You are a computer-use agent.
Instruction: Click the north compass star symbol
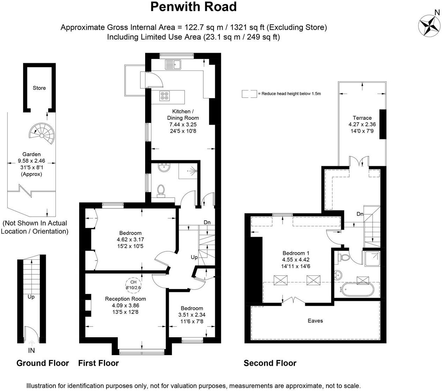tap(428, 25)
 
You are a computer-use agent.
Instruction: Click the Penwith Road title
tap(193, 7)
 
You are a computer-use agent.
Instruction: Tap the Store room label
tap(39, 88)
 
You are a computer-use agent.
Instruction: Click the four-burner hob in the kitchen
tap(165, 95)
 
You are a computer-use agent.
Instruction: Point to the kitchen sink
tap(173, 65)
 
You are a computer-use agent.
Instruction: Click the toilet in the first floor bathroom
tap(161, 191)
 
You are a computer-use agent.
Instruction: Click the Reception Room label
tap(126, 299)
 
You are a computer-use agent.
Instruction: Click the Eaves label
tap(315, 320)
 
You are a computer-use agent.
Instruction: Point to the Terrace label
tap(362, 118)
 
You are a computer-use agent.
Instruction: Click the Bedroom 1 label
tap(296, 253)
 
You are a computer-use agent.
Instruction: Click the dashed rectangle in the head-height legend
tap(249, 94)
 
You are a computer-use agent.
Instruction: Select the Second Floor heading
tap(270, 363)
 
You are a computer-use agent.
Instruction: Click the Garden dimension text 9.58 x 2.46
tap(31, 161)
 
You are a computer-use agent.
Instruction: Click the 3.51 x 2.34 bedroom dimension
tap(192, 315)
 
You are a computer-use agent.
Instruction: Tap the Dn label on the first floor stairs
tap(207, 222)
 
